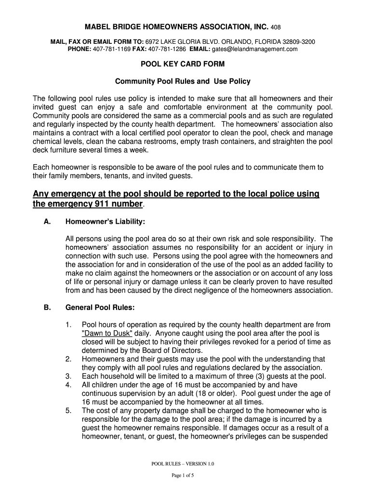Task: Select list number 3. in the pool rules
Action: tap(69, 376)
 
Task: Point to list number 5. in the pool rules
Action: tap(69, 411)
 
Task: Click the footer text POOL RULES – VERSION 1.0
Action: tap(183, 464)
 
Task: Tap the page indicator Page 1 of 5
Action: tap(183, 476)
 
